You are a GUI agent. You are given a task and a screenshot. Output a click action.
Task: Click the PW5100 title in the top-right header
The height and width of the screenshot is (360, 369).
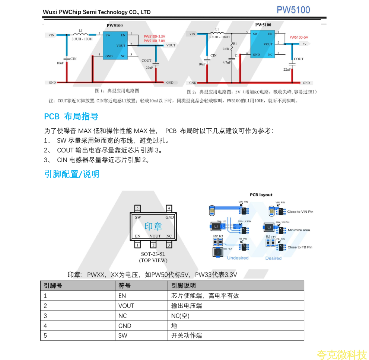coord(293,10)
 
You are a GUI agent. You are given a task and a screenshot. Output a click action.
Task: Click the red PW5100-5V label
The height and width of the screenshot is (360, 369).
coord(299,37)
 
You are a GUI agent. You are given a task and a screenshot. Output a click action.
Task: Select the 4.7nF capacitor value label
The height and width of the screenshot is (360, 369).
coord(227,62)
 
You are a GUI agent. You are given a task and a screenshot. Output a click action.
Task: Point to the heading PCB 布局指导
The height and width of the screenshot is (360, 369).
coord(71,116)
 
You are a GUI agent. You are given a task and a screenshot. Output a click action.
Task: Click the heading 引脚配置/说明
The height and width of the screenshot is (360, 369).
coord(72,174)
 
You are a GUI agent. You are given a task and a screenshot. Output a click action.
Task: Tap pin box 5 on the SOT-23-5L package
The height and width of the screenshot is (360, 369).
coord(137,208)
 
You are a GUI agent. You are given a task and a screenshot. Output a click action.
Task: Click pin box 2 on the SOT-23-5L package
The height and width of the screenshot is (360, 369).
coord(153,245)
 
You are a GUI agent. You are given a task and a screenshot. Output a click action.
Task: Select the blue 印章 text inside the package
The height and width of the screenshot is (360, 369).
coord(153,226)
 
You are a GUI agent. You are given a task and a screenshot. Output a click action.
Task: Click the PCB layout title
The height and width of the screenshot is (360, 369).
coord(261,195)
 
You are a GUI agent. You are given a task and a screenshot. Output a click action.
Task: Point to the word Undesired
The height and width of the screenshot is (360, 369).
coord(238,258)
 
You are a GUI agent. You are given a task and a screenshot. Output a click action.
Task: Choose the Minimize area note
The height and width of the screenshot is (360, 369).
coord(299,230)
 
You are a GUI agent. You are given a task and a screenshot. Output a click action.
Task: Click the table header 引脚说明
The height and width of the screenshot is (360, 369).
coord(183,286)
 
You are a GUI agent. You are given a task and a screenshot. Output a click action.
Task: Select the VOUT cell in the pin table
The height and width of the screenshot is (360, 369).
coord(126,306)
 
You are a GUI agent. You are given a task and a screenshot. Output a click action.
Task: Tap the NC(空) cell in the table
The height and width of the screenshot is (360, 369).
coord(180,316)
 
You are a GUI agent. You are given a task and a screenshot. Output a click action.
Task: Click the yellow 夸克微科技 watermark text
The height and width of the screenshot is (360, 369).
coord(341,355)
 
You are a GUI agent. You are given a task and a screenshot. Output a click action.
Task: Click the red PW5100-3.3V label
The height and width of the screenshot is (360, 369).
coord(154,36)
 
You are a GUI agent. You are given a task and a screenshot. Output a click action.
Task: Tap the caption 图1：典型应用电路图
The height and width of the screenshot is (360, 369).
coord(117,91)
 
